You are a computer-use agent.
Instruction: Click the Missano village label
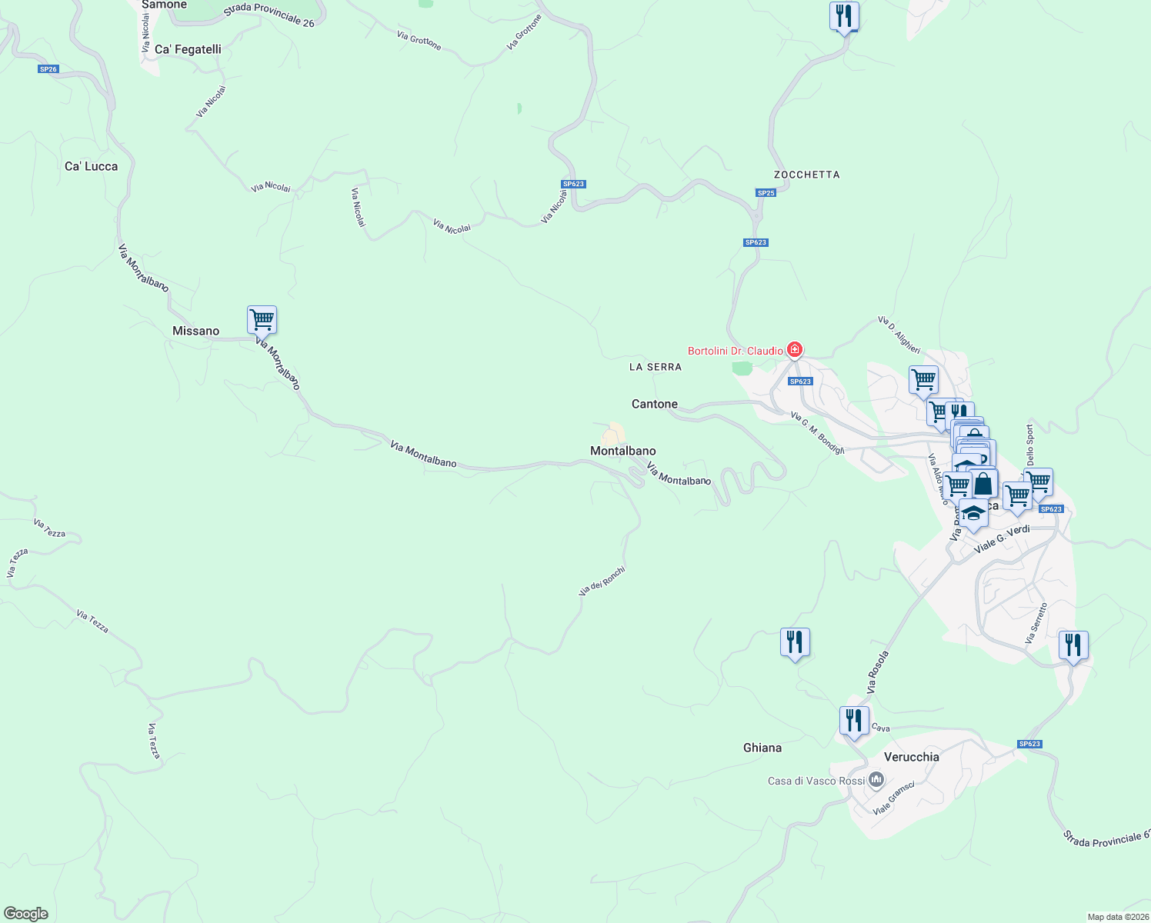coord(195,331)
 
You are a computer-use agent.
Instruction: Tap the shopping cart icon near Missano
coord(262,320)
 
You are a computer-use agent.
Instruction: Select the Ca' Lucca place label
coord(91,166)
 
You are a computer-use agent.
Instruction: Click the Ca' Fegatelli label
coord(188,49)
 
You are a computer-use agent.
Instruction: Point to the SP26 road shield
coord(48,69)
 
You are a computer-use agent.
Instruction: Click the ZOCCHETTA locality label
coord(806,175)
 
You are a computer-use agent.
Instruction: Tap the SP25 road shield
coord(766,193)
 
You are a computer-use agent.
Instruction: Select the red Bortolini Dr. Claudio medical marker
coord(795,351)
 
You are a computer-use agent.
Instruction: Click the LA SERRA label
coord(656,367)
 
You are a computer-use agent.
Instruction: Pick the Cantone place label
coord(655,404)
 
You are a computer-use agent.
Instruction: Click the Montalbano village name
coord(623,451)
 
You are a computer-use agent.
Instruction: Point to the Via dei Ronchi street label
coord(602,581)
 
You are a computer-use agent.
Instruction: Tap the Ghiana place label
coord(762,748)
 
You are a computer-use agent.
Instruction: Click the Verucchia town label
coord(912,757)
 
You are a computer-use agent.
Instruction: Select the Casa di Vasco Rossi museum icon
coord(876,781)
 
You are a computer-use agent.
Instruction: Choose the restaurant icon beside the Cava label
coord(854,721)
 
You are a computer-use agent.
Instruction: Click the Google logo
coord(26,914)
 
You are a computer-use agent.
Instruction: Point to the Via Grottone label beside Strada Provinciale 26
coord(419,40)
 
